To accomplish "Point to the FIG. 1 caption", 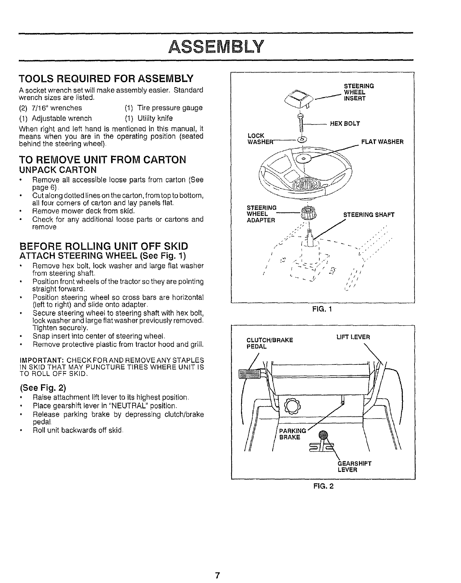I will [323, 309].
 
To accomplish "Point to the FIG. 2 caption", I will [323, 486].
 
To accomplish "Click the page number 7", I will [217, 575].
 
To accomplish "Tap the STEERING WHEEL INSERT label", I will [354, 92].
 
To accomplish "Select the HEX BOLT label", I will [344, 124].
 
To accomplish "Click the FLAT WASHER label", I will [382, 142].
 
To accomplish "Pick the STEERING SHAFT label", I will [368, 215].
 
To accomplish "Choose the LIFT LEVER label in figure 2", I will [353, 337].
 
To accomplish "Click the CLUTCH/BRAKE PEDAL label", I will [269, 343].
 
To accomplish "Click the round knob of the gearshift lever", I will [323, 435].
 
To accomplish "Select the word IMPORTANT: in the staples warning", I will [41, 360].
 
